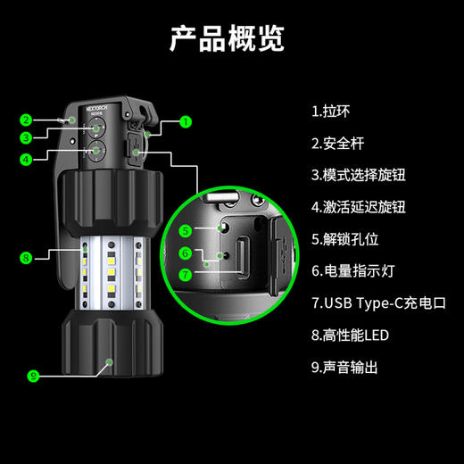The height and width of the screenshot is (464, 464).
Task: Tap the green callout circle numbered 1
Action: pyautogui.click(x=186, y=120)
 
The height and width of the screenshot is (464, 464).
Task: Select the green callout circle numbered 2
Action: pyautogui.click(x=27, y=120)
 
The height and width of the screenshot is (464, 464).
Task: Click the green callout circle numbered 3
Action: pyautogui.click(x=27, y=137)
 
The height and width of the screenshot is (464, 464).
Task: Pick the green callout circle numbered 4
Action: pyautogui.click(x=27, y=159)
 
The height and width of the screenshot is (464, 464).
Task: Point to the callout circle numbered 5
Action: pyautogui.click(x=186, y=230)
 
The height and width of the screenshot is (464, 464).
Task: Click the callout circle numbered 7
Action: pyautogui.click(x=186, y=275)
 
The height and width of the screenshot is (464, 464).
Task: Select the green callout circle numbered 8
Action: pyautogui.click(x=27, y=258)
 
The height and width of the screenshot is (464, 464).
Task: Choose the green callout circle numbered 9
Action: pyautogui.click(x=33, y=376)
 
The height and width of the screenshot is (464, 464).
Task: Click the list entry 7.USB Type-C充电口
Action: pyautogui.click(x=378, y=303)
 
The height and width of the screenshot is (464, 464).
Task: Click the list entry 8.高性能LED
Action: pyautogui.click(x=352, y=336)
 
